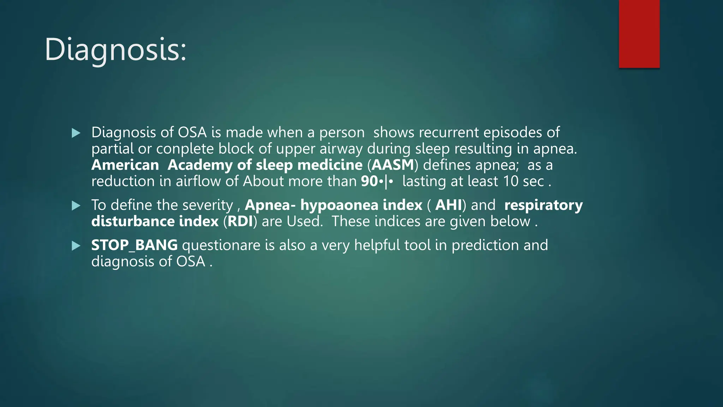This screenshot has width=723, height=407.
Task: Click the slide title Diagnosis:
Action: point(115,50)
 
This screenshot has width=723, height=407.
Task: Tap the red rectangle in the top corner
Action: point(639,34)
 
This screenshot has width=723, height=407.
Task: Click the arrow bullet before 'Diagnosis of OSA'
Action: point(76,133)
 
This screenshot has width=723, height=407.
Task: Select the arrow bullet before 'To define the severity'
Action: point(76,206)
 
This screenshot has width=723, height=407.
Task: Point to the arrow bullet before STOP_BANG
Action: point(76,246)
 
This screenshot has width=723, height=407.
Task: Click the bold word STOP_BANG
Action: point(134,245)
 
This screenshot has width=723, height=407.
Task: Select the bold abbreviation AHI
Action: point(448,205)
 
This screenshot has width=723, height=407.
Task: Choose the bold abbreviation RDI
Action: point(240,222)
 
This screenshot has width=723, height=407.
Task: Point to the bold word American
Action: point(125,165)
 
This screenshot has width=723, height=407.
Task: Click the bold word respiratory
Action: point(543,205)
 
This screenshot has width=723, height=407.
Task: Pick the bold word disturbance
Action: point(133,222)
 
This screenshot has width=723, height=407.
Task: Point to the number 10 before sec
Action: point(510,181)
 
